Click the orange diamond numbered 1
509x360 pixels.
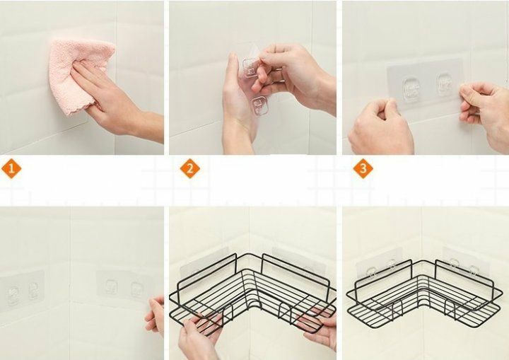tap(11, 168)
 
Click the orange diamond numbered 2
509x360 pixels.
tap(190, 168)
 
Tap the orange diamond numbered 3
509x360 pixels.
tap(363, 168)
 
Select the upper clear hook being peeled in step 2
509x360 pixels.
tap(250, 68)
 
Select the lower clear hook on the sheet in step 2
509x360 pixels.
tap(259, 106)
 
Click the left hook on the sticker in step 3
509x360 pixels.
tap(410, 87)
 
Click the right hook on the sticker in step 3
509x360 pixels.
tap(445, 84)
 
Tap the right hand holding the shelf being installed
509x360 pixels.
tap(320, 328)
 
